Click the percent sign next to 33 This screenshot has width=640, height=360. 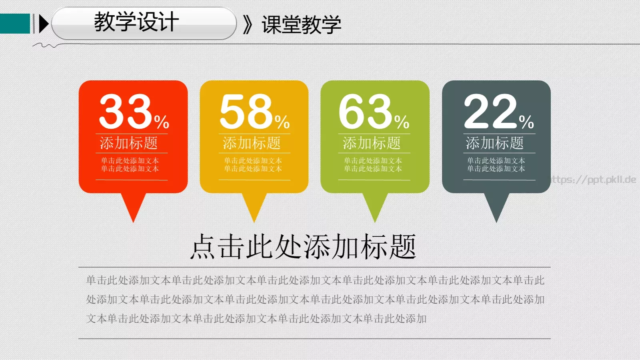[162, 122]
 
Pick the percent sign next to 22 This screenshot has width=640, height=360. [526, 122]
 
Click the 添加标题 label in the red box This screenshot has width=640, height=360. [129, 143]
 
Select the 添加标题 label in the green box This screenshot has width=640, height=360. [372, 143]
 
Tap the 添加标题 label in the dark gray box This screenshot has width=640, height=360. [495, 143]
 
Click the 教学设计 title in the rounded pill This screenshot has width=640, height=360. [136, 22]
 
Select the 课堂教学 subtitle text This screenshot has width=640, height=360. [302, 25]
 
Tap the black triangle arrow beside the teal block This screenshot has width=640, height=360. [43, 24]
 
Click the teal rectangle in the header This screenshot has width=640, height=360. [15, 24]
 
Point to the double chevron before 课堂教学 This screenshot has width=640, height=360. [248, 25]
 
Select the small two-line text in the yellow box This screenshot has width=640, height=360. [253, 165]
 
